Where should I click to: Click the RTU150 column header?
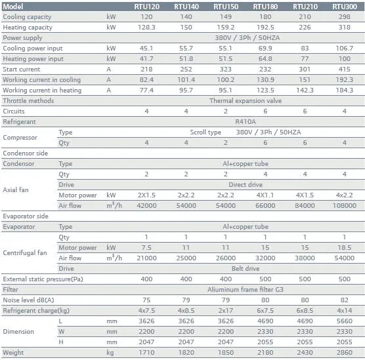coord(226,7)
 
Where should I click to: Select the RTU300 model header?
coord(345,7)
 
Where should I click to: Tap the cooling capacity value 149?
coord(226,17)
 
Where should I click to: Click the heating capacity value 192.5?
coord(265,28)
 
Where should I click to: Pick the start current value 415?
coord(345,69)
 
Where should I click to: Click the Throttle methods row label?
coord(28,101)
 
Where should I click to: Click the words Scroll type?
coord(205,132)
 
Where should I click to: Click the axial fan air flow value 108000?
coord(345,206)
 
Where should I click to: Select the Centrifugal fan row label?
coord(25,252)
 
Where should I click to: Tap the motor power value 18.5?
coord(345,248)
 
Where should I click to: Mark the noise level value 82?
coord(345,300)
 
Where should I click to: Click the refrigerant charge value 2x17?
coord(226,311)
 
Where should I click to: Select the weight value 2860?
coord(345,353)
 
